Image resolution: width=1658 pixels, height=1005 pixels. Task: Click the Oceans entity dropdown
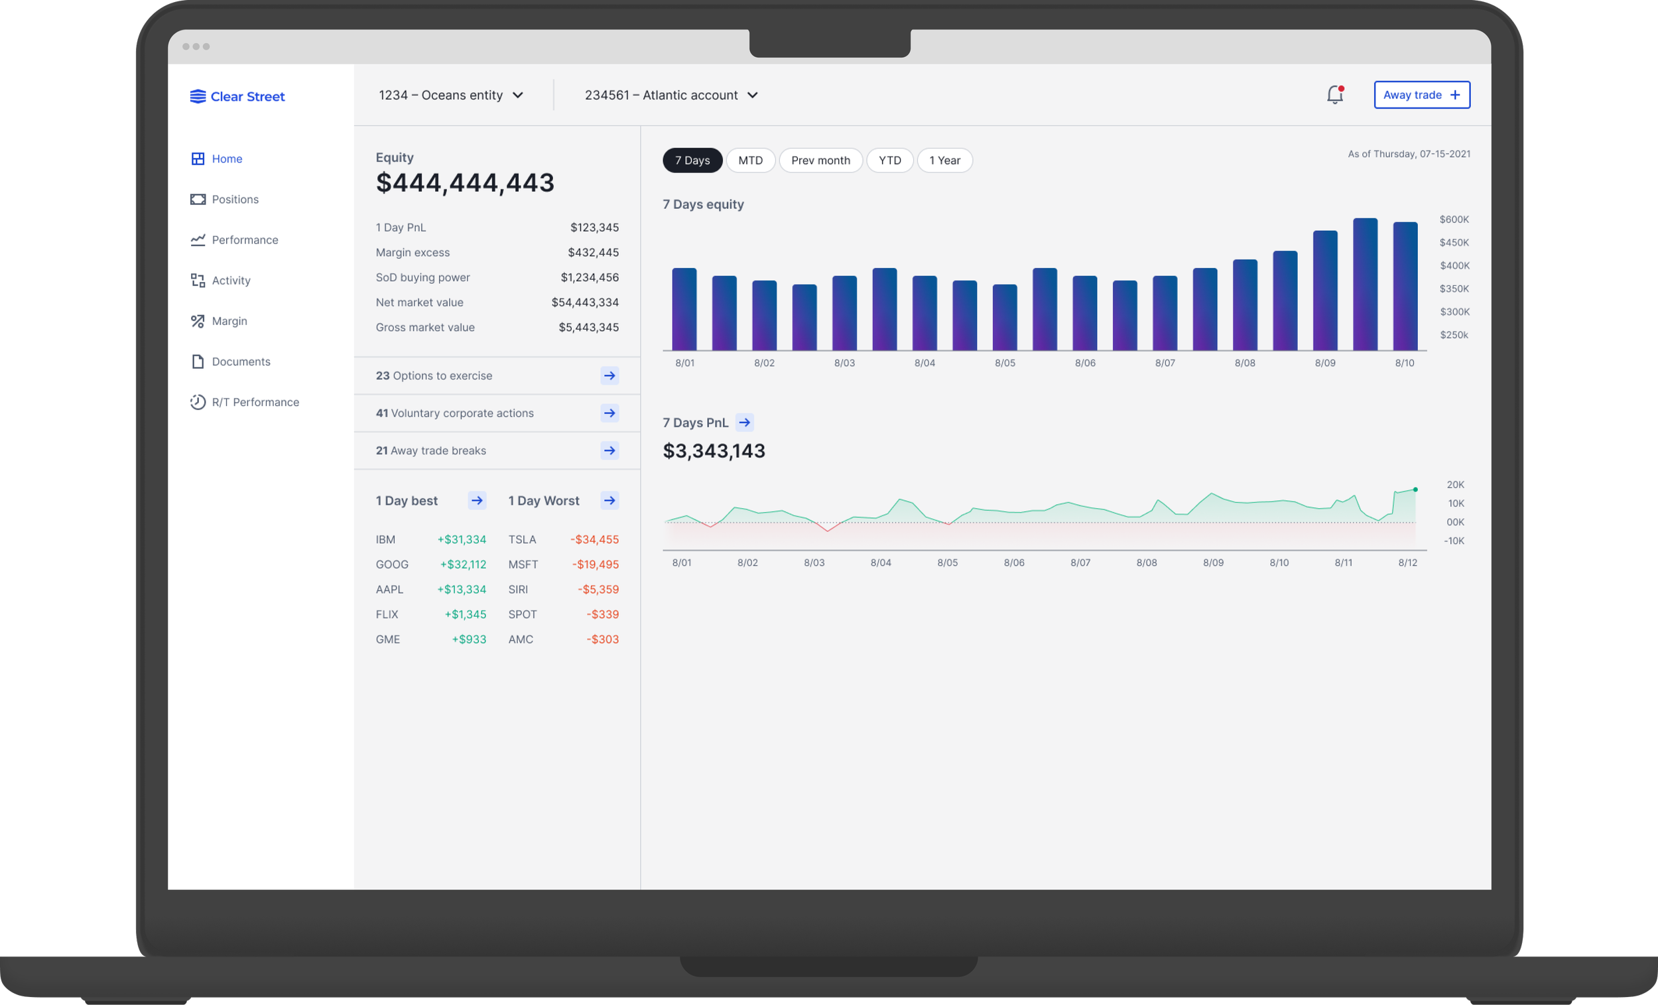click(451, 95)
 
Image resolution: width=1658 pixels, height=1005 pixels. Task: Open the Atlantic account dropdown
click(671, 95)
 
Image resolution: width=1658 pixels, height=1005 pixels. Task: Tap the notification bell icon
click(1334, 95)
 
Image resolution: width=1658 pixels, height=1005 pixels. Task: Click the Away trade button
click(1421, 95)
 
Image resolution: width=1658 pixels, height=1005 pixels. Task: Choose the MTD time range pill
click(750, 161)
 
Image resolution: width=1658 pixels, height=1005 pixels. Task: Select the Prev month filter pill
click(820, 161)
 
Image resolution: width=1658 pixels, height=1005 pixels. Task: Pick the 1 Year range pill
click(944, 161)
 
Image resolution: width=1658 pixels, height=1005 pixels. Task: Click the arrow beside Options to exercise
click(609, 375)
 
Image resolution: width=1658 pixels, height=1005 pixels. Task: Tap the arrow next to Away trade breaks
click(609, 450)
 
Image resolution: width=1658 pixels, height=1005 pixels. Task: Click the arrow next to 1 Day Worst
click(609, 500)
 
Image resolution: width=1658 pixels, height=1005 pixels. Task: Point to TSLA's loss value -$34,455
click(594, 539)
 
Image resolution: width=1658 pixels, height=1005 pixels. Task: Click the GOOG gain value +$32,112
click(463, 564)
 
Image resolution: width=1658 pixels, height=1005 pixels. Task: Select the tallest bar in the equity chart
click(1365, 284)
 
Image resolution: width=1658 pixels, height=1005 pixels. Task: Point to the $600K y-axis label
click(1454, 220)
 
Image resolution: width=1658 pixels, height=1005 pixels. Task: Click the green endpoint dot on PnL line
click(1415, 490)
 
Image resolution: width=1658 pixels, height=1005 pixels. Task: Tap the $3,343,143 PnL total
click(714, 451)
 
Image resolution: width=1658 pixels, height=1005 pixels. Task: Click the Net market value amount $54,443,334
click(585, 302)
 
